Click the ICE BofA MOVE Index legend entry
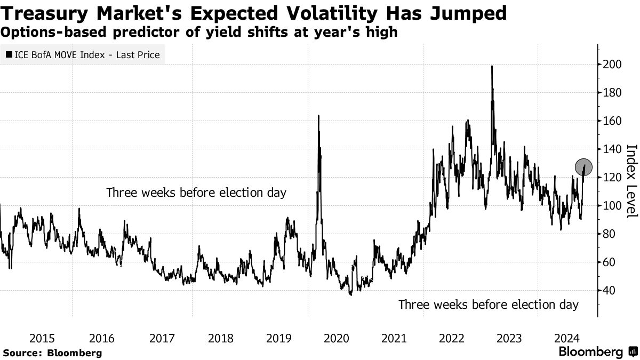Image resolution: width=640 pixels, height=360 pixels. [x=83, y=54]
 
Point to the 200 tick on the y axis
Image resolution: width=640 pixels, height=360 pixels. [x=612, y=65]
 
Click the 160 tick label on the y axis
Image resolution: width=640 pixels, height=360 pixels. [x=612, y=121]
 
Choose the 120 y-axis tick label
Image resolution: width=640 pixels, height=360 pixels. [x=612, y=178]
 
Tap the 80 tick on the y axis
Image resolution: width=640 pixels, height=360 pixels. [x=609, y=234]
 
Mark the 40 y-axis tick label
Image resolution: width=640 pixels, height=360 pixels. [x=609, y=291]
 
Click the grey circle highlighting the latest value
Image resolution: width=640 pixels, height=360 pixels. [x=584, y=167]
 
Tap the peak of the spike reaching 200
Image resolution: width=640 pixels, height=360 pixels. [x=491, y=66]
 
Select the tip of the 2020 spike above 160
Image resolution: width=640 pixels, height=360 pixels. [x=318, y=116]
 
